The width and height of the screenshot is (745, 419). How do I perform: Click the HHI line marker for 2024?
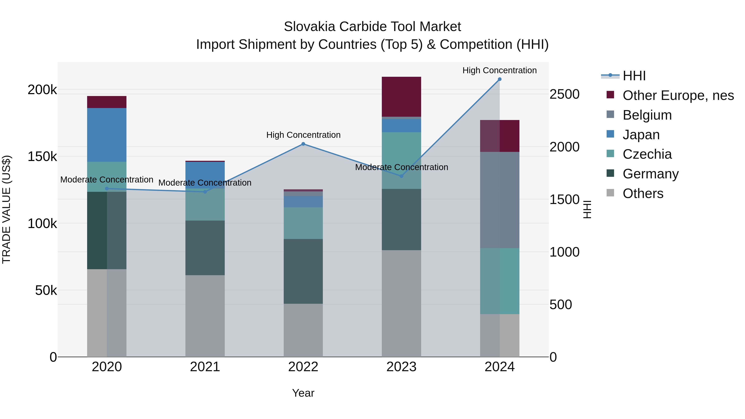click(500, 79)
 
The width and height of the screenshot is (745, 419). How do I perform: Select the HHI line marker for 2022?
click(303, 144)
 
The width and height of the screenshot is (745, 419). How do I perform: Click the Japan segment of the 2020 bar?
click(107, 135)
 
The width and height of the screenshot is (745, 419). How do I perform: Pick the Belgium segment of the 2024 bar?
click(500, 200)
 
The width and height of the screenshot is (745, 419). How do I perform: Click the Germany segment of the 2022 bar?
click(303, 271)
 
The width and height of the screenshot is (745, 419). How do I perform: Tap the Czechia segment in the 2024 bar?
click(500, 281)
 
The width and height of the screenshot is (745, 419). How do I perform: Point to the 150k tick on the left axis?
click(42, 157)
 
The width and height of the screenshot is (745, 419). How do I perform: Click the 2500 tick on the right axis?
click(564, 94)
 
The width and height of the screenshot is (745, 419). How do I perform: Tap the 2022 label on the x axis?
click(303, 367)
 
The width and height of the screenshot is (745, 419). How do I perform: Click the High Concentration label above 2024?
click(500, 70)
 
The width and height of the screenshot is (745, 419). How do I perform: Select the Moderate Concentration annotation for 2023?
click(401, 167)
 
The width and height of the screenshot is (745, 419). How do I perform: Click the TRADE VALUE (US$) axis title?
click(6, 209)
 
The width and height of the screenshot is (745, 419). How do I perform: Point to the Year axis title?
click(303, 393)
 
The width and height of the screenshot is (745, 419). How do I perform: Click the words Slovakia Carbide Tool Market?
click(372, 27)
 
